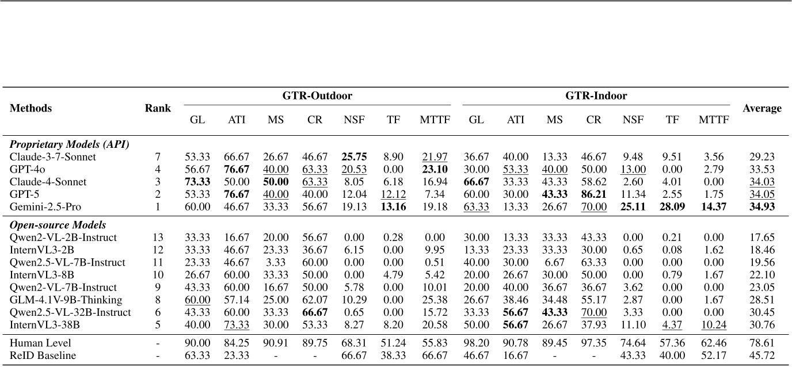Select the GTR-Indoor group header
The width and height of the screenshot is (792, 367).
(595, 95)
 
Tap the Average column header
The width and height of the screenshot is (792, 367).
(761, 108)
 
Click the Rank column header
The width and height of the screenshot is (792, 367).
(158, 108)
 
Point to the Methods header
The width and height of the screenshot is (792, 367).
(31, 108)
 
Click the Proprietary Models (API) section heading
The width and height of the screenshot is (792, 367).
(68, 144)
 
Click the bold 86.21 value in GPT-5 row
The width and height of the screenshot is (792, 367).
(593, 193)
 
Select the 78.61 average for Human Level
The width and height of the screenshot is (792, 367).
(761, 343)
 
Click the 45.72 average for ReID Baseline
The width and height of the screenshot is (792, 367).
(761, 355)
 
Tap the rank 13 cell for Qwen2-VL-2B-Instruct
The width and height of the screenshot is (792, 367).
(158, 237)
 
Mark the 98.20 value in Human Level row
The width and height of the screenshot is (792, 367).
(475, 343)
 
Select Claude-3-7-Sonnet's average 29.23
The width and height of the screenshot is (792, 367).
(761, 156)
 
